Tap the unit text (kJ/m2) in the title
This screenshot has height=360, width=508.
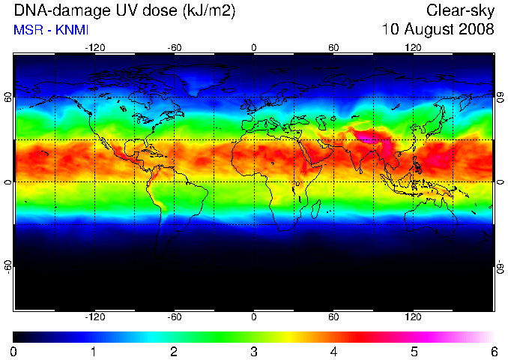pos(209,11)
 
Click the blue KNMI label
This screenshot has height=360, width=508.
pos(72,30)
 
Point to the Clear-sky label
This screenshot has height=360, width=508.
pos(460,11)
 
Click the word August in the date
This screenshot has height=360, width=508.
pos(429,29)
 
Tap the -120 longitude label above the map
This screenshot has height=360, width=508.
pos(95,48)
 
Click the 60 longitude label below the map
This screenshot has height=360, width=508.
pos(333,316)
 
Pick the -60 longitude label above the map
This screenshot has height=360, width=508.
pos(175,48)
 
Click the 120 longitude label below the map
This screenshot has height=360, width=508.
pos(413,316)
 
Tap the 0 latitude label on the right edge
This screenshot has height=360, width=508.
pos(501,182)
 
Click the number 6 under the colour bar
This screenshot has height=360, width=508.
pos(494,352)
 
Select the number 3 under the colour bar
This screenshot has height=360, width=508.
pos(254,352)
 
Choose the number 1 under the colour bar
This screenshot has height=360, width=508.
pos(94,352)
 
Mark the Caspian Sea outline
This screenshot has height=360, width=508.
pos(321,122)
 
